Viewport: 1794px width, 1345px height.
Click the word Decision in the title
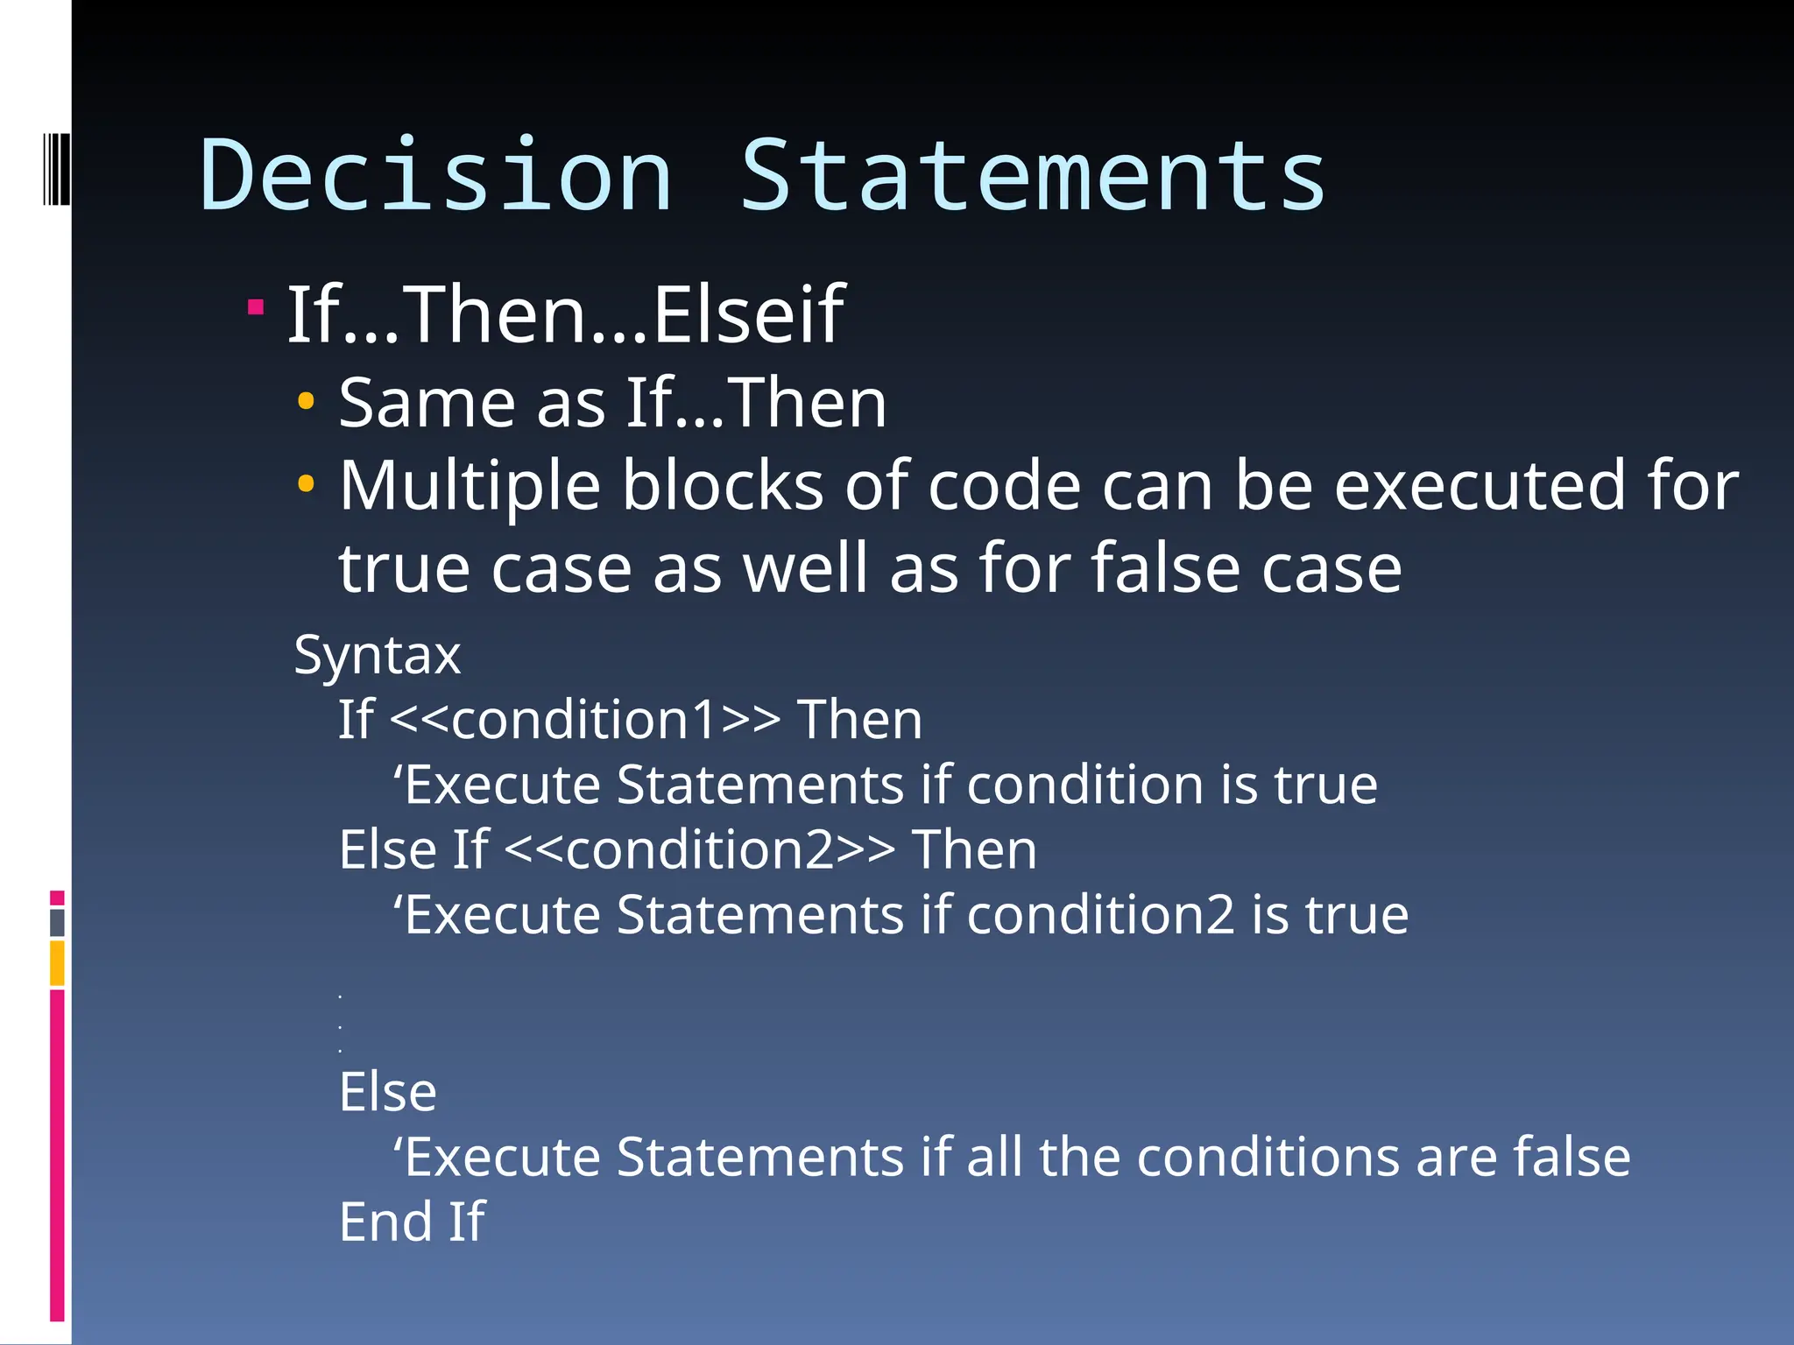click(x=436, y=177)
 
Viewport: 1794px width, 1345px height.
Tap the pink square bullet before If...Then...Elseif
click(x=256, y=306)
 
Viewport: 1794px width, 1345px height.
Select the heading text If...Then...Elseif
click(x=566, y=315)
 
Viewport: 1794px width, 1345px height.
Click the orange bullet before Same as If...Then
click(x=306, y=402)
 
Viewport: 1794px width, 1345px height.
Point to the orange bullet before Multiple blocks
click(x=306, y=483)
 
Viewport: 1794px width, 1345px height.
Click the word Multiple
click(x=470, y=487)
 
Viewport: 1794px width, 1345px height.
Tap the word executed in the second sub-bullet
click(x=1480, y=487)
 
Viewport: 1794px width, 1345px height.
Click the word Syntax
click(x=377, y=655)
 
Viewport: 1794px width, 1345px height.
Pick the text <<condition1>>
click(x=584, y=720)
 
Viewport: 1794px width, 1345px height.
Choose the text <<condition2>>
click(x=700, y=850)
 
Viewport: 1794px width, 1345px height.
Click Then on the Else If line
click(x=974, y=850)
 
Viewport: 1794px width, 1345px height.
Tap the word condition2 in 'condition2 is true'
click(x=1100, y=915)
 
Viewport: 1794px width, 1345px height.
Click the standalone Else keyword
click(x=387, y=1092)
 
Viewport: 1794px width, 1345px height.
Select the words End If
click(x=412, y=1222)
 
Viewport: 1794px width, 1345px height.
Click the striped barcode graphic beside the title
click(x=56, y=168)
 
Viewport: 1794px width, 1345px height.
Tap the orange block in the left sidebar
click(x=57, y=962)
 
